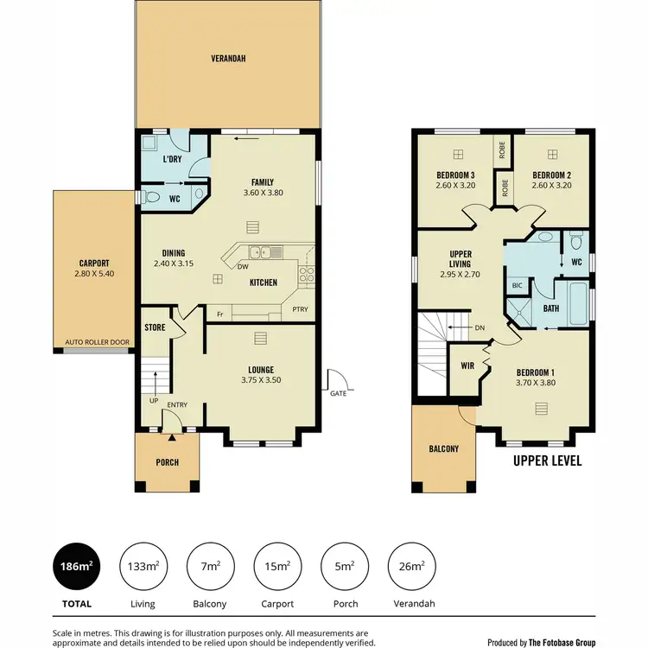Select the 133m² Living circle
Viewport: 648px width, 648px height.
[x=142, y=567]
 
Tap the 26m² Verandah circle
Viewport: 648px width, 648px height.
[x=411, y=567]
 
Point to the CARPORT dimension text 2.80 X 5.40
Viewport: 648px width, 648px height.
[x=94, y=274]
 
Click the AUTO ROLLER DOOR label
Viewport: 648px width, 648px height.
[x=97, y=342]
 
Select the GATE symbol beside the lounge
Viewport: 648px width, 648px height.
[x=337, y=380]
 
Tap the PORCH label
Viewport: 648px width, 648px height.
[x=167, y=462]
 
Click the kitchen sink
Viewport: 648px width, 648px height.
[x=262, y=252]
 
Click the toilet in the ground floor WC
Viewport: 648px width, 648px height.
[x=153, y=198]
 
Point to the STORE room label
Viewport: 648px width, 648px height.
[x=155, y=327]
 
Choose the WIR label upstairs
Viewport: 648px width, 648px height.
[x=467, y=365]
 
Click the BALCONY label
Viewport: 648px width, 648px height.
[x=444, y=449]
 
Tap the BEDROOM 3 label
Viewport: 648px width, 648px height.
[x=455, y=175]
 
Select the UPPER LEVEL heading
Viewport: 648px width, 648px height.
[x=547, y=461]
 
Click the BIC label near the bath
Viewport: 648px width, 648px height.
[x=518, y=284]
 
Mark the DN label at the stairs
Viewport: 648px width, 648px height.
[x=480, y=327]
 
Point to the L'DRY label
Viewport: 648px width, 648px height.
[x=173, y=160]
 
